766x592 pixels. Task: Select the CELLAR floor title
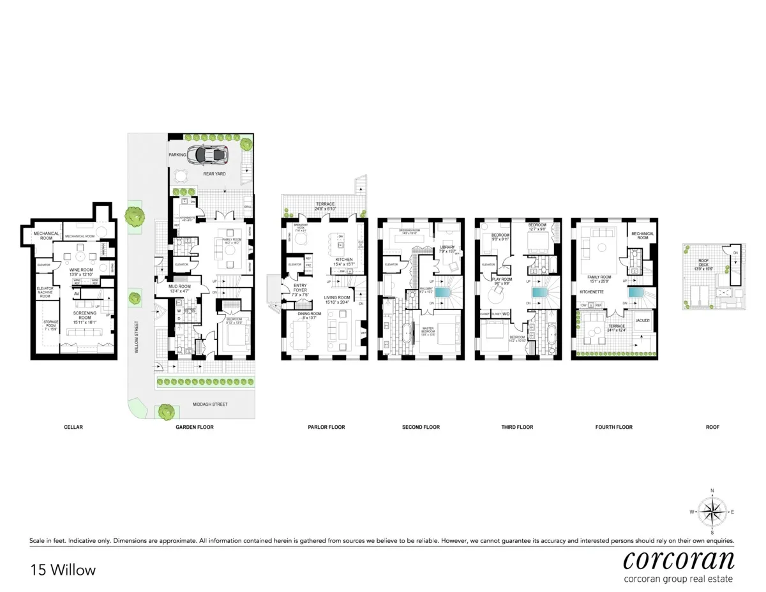click(73, 427)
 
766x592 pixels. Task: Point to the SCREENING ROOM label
click(84, 313)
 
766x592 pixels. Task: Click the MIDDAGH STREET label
click(210, 404)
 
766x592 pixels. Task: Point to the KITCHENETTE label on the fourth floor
click(592, 291)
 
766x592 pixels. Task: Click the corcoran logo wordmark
click(678, 560)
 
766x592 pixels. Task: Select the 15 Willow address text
click(63, 570)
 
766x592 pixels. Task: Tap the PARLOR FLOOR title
click(326, 427)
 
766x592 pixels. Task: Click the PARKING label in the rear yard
click(177, 155)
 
